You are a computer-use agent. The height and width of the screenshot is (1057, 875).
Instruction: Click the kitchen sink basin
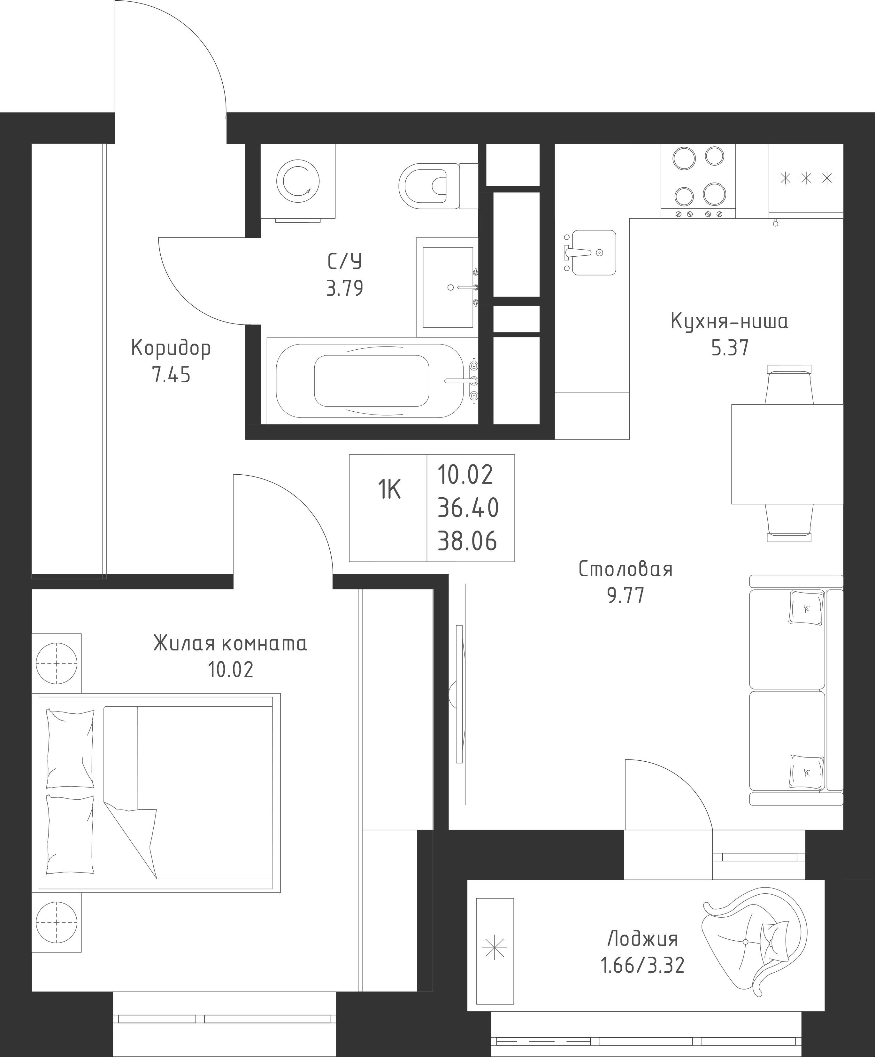coord(594,253)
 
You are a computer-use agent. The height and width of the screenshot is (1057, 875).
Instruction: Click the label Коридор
coord(171,348)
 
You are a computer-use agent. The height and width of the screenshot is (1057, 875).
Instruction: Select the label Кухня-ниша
coord(730,321)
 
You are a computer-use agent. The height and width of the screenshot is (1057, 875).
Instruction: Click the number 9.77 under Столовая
coord(626,596)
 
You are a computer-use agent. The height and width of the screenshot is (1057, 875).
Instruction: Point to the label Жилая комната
coord(230,644)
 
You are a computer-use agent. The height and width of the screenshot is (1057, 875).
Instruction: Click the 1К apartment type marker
coord(389,489)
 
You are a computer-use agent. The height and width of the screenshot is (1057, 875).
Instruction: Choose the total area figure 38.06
coord(467,541)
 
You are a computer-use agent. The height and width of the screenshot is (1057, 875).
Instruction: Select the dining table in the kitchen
coord(787,454)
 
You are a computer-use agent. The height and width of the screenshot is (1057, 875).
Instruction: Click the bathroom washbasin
coord(447,287)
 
